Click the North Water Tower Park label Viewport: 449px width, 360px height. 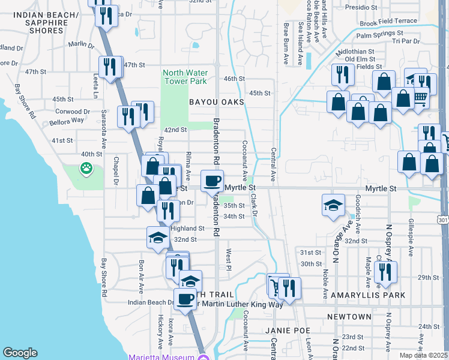click(x=185, y=77)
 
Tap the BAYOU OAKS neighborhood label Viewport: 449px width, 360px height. click(x=217, y=103)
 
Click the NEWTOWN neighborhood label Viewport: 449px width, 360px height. click(x=349, y=316)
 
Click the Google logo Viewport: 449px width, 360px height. click(x=20, y=353)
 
